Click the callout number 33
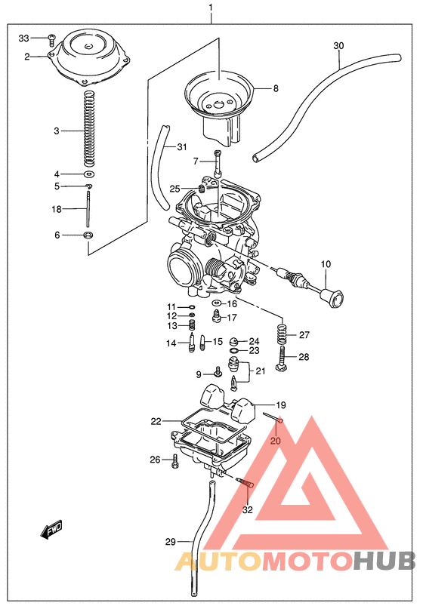(x=23, y=38)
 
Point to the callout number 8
(x=276, y=88)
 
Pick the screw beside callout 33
(x=51, y=37)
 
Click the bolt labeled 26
(x=175, y=460)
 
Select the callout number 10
(x=326, y=264)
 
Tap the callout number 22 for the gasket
(x=156, y=421)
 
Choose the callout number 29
(x=170, y=542)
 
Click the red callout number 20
(x=276, y=441)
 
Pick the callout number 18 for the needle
(x=57, y=209)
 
